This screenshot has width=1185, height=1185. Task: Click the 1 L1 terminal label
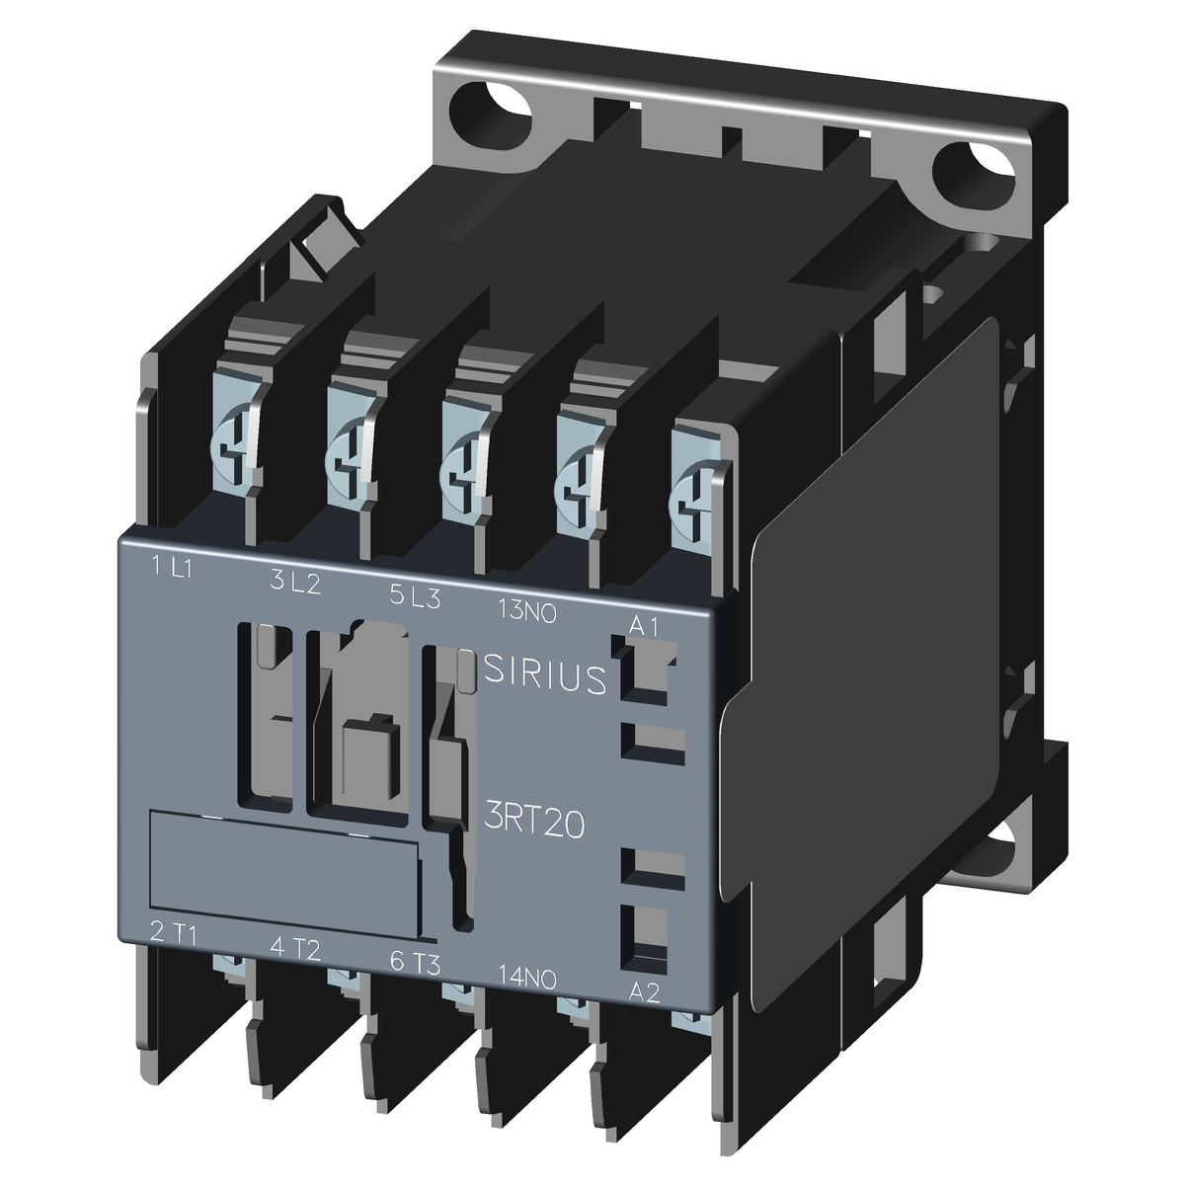tap(172, 567)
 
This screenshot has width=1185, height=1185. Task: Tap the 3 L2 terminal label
tap(295, 581)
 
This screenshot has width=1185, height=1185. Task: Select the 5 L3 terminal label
tap(415, 595)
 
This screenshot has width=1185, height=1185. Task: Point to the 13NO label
tap(527, 610)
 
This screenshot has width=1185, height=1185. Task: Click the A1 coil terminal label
tap(645, 626)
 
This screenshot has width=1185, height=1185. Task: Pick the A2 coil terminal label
tap(645, 991)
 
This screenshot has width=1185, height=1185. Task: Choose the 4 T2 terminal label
tap(295, 948)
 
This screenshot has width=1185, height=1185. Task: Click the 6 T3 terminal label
tap(416, 963)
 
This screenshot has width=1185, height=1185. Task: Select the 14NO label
tap(527, 977)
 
